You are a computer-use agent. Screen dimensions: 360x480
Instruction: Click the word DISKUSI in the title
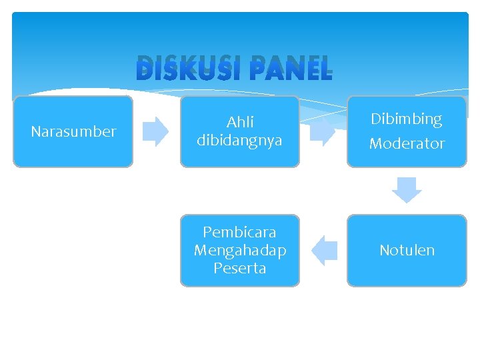pos(183,69)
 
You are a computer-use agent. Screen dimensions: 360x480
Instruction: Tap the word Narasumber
pos(73,131)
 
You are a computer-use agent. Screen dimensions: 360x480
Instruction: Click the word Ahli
pos(240,122)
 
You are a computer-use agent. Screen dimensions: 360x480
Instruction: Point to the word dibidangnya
pos(240,141)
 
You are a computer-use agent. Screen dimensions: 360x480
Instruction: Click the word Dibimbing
pos(407,119)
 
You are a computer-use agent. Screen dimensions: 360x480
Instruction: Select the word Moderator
pos(407,143)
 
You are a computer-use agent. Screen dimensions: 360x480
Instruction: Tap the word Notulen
pos(407,250)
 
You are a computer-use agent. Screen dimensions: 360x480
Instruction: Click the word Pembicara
pos(240,232)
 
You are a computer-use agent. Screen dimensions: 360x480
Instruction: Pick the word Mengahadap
pos(240,250)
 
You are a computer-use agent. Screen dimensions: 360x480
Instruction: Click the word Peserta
pos(240,268)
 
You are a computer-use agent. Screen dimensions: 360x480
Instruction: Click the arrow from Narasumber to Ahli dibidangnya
pos(157,131)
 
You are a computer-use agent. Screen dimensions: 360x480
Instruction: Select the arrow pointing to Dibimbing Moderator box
pos(323,131)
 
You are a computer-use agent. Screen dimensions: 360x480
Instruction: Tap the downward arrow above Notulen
pos(407,190)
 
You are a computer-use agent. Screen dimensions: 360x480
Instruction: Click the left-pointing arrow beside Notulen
pos(324,251)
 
